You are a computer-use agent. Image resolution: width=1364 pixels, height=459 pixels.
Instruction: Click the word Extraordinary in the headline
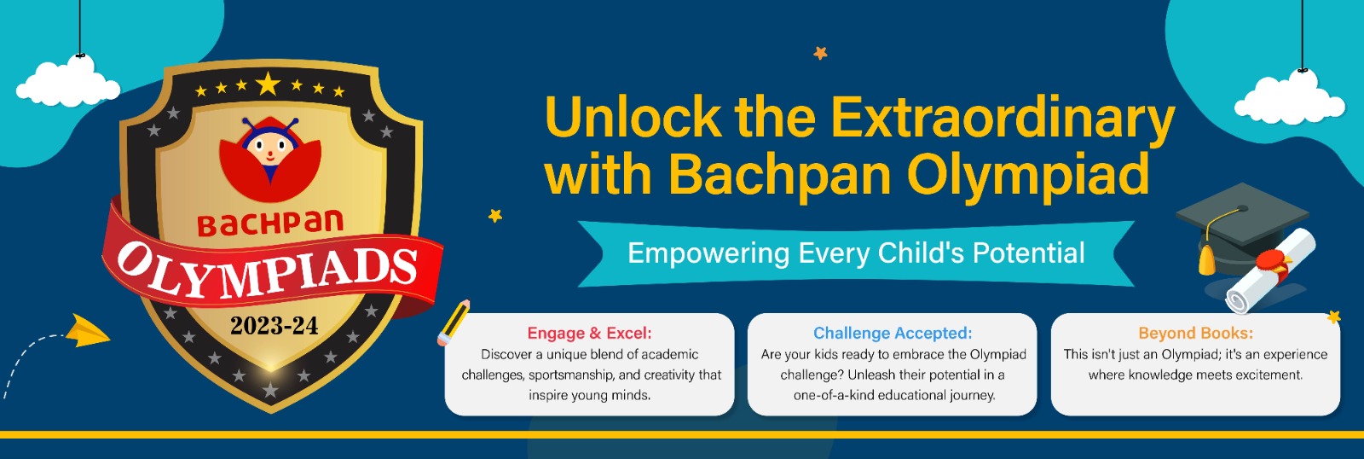1003,118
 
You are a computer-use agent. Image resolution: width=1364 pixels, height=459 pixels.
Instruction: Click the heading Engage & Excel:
589,333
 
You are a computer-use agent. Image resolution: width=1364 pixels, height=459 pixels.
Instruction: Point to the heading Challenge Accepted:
893,333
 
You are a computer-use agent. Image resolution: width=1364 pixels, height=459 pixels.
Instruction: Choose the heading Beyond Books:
1196,333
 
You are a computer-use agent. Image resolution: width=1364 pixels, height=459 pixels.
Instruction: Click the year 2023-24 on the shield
274,326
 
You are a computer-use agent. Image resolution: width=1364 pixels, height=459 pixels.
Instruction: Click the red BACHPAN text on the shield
270,224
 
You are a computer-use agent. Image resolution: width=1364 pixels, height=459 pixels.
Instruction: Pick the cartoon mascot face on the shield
269,146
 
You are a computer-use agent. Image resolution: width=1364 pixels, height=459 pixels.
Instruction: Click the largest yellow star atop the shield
268,84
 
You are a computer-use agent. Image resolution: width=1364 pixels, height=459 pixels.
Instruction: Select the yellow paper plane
88,332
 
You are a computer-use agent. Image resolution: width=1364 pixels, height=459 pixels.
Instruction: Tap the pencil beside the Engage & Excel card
454,322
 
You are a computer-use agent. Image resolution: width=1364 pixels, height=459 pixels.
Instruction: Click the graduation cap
1242,229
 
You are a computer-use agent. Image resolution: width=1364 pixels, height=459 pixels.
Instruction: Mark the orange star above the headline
820,53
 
